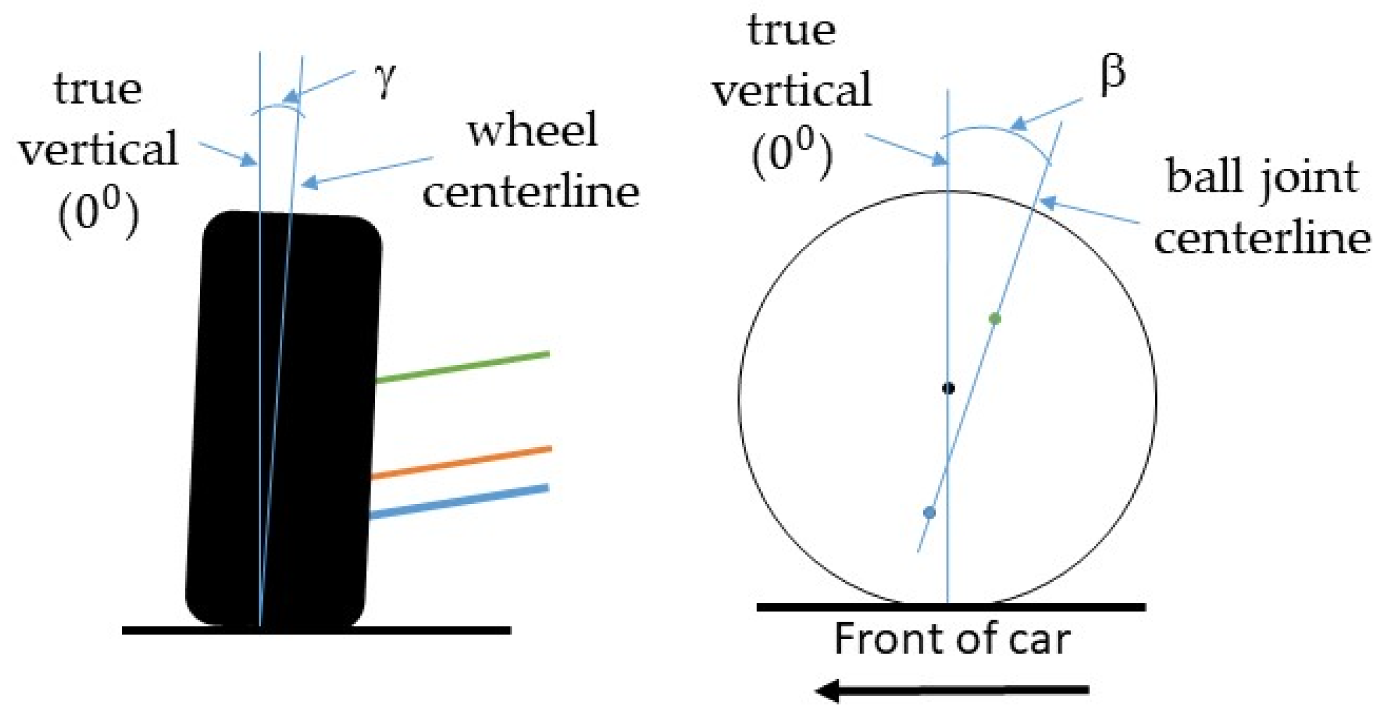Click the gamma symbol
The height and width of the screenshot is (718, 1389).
pos(385,80)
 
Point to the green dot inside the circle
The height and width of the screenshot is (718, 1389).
pos(995,319)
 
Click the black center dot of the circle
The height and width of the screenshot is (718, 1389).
pos(948,388)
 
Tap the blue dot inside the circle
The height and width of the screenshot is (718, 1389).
pos(929,513)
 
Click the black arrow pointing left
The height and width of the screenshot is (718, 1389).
pos(953,690)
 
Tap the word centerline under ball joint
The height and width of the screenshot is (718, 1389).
pos(1262,238)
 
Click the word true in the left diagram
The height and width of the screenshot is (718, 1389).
pos(98,90)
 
